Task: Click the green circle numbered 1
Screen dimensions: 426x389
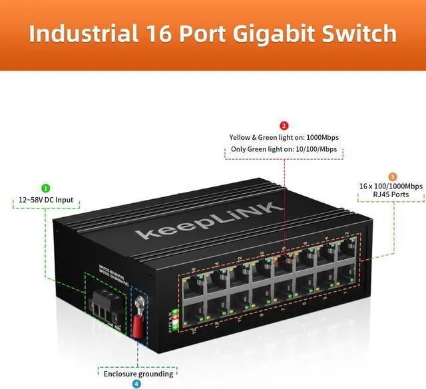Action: pos(46,189)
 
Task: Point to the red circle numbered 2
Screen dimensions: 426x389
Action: pos(284,125)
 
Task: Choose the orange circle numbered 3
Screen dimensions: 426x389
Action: pos(393,176)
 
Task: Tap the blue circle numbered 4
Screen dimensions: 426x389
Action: pos(136,384)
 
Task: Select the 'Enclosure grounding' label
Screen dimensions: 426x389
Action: pos(138,373)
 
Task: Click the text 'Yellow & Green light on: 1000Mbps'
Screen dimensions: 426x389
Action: pos(284,137)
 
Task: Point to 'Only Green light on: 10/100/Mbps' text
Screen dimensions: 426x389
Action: pos(284,149)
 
